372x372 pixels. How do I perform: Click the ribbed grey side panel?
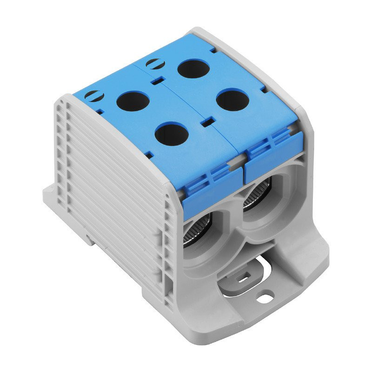(116, 186)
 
